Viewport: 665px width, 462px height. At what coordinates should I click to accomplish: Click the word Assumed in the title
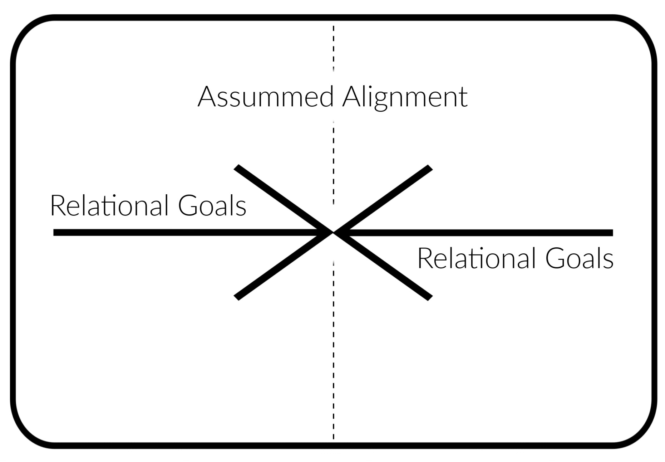[x=266, y=97]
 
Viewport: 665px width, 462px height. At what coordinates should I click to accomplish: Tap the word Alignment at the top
[x=405, y=97]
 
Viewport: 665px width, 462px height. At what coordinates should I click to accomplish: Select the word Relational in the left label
[x=109, y=205]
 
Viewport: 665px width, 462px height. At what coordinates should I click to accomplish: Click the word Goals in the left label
[x=212, y=205]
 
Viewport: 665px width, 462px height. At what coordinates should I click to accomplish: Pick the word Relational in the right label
[x=476, y=258]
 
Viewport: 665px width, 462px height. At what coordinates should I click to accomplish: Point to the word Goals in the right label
[x=579, y=258]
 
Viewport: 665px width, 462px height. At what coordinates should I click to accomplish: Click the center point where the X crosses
[x=333, y=233]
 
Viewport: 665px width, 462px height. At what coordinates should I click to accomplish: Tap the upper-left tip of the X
[x=236, y=167]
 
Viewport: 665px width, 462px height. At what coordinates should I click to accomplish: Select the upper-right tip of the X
[x=430, y=167]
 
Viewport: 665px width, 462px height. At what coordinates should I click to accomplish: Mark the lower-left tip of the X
[x=236, y=298]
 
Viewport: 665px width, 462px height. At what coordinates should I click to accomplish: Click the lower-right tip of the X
[x=430, y=298]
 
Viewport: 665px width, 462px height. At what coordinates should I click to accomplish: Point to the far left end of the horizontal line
[x=54, y=233]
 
